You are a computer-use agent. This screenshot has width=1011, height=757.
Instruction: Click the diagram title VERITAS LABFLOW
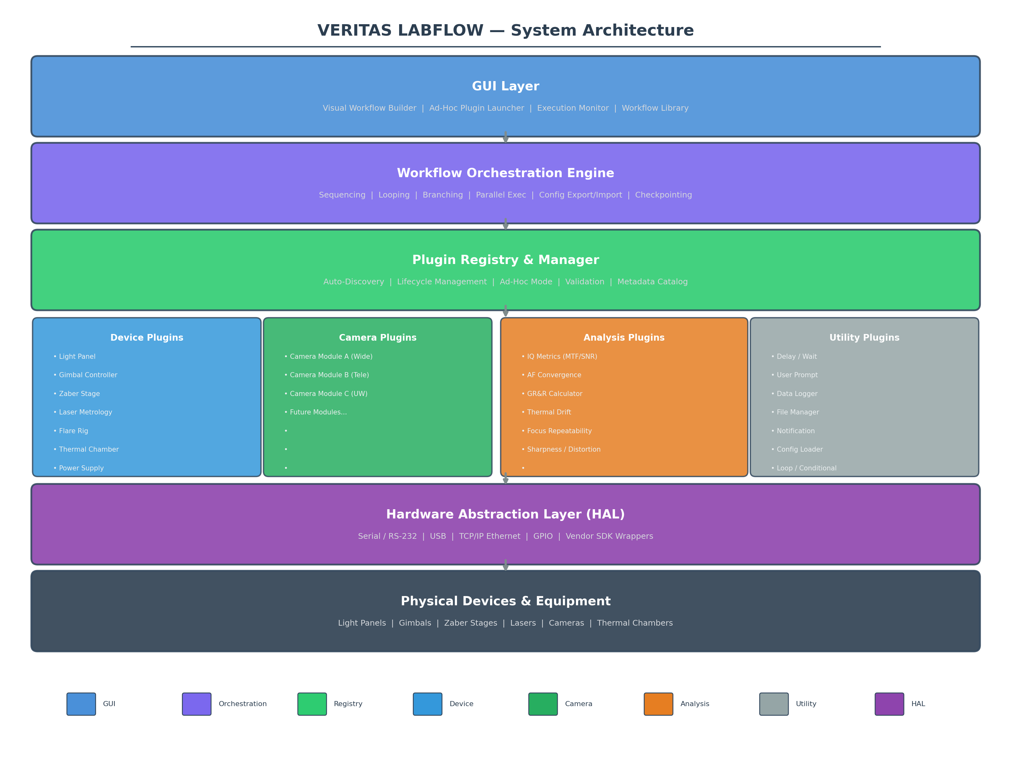pos(400,31)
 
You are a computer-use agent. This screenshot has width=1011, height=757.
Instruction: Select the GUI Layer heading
pos(506,87)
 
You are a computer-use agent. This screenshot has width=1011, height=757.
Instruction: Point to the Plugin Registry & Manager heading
pos(506,260)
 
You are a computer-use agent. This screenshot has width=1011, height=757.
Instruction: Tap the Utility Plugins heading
pos(864,338)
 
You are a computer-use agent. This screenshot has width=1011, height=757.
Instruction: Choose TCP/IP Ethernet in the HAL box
pos(489,536)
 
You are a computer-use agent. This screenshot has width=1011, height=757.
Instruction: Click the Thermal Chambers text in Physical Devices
pos(635,623)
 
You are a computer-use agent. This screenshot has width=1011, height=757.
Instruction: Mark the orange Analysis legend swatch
pos(658,704)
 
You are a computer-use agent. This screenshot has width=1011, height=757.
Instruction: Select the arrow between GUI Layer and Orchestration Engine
pos(506,137)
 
